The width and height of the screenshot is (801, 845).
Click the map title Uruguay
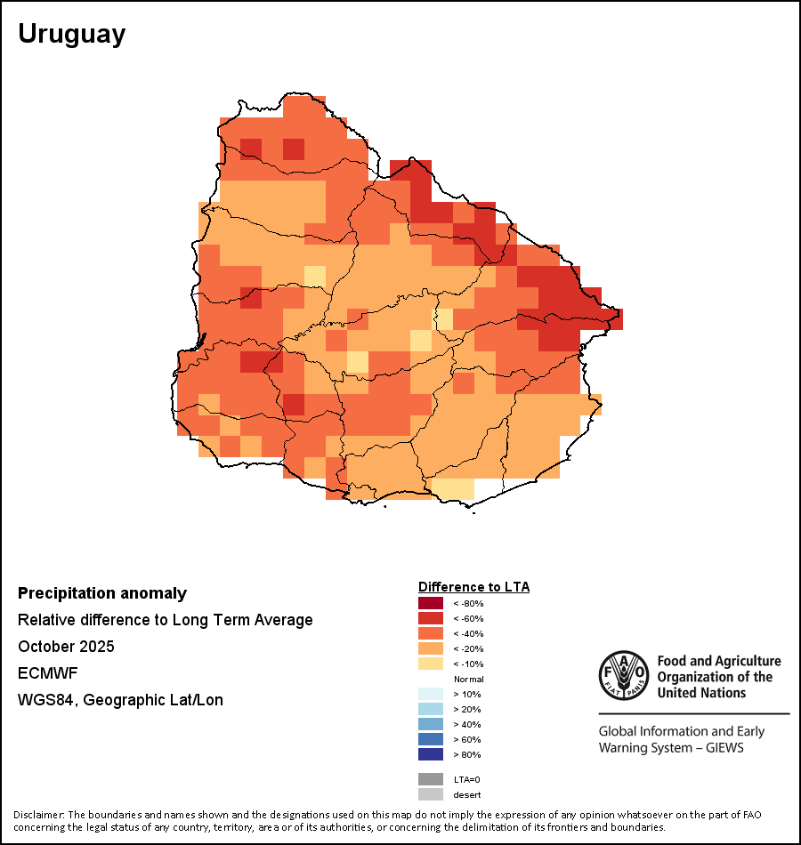pos(72,34)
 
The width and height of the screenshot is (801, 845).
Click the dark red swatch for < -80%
pos(430,604)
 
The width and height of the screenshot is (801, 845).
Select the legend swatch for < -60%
pos(430,619)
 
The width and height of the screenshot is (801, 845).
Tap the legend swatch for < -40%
pos(430,634)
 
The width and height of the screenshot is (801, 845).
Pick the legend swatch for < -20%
pos(430,649)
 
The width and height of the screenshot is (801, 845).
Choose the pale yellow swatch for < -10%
pos(430,664)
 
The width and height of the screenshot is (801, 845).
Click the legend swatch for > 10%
pos(430,695)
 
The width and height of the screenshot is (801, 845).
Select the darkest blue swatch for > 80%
pos(430,755)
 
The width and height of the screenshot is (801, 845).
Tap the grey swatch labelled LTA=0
pos(430,779)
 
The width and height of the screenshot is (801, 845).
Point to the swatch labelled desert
pos(430,794)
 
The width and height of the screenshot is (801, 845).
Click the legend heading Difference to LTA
pos(473,587)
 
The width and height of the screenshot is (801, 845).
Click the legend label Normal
pos(468,680)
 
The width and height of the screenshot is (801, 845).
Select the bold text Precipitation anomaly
pos(102,593)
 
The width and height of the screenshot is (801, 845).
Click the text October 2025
pos(66,647)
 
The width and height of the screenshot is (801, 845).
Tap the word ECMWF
pos(47,673)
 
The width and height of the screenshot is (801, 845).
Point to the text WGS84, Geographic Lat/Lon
pos(120,700)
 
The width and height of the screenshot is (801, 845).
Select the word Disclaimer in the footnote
pos(37,815)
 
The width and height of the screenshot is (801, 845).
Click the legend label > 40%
pos(466,725)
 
